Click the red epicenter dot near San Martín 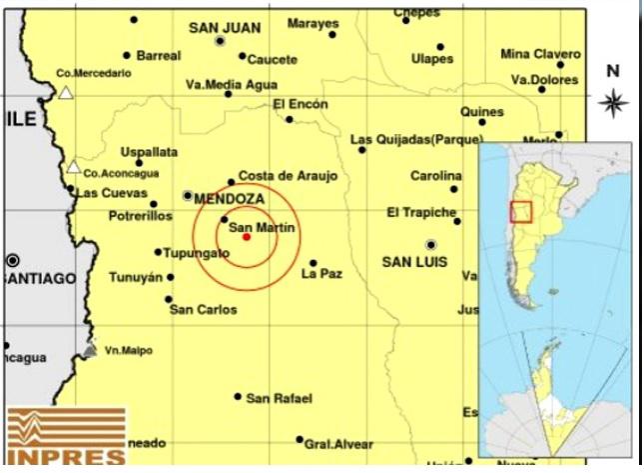coord(247,237)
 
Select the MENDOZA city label coord(230,199)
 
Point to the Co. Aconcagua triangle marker coord(74,166)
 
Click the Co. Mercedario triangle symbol coord(66,93)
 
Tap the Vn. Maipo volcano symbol coord(91,350)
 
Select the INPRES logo coord(66,436)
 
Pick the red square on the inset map coord(520,212)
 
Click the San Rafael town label coord(280,398)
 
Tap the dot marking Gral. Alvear coord(299,439)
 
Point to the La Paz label coord(322,273)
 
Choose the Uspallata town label coord(149,152)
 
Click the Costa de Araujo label coord(288,176)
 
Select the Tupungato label coord(198,253)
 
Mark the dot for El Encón coord(290,119)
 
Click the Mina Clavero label coord(540,54)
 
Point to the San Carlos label coord(204,310)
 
